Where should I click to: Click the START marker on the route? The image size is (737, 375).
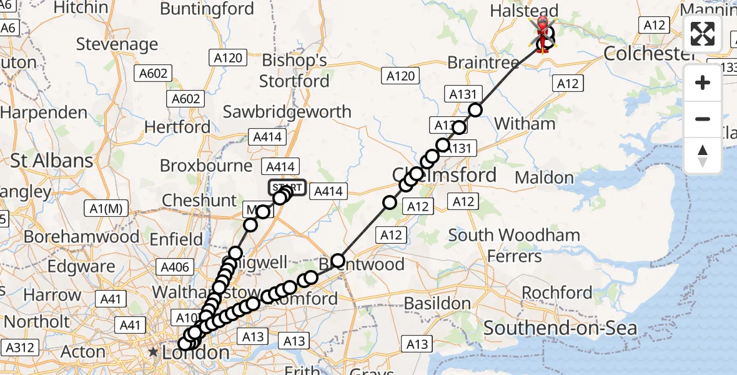click(x=287, y=187)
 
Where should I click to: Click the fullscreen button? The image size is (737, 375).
click(x=703, y=34)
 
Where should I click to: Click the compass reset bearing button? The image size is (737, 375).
click(x=703, y=156)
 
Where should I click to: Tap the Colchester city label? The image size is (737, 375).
click(x=650, y=54)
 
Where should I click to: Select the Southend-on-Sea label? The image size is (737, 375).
click(x=560, y=328)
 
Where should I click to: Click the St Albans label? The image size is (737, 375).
click(x=52, y=161)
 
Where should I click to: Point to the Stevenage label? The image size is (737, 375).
click(x=117, y=44)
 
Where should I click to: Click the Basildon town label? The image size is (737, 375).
click(x=437, y=303)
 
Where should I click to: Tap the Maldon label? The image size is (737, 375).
click(x=544, y=178)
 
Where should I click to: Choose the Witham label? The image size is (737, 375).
click(x=525, y=124)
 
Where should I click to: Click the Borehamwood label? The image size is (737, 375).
click(x=81, y=237)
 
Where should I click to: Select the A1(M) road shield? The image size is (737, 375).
click(x=104, y=209)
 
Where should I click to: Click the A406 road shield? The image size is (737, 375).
click(x=175, y=267)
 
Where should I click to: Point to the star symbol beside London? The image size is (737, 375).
click(x=154, y=352)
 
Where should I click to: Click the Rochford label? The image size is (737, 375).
click(x=556, y=292)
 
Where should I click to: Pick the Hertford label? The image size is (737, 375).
click(x=177, y=127)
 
